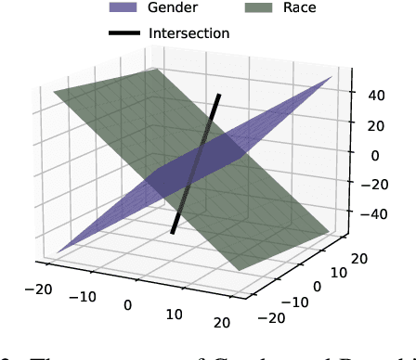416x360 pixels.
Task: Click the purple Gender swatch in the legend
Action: (x=127, y=7)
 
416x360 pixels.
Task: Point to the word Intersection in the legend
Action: (x=188, y=33)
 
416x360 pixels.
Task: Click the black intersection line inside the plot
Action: (x=196, y=163)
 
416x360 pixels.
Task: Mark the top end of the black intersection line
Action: (x=220, y=95)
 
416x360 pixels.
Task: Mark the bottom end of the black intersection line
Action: (x=173, y=232)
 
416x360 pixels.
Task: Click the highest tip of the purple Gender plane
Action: (x=331, y=77)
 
